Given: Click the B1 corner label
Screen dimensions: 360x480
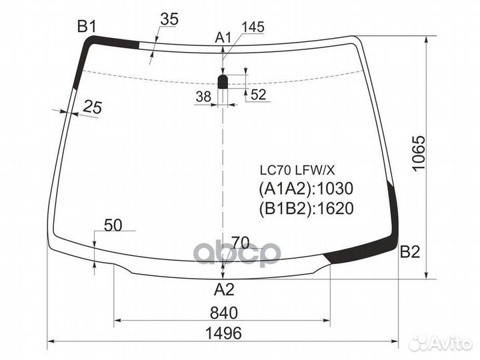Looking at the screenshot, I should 87,27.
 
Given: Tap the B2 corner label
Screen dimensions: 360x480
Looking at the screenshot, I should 409,252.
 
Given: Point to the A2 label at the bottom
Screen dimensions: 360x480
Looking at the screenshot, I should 224,289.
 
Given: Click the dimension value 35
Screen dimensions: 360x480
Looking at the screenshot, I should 169,20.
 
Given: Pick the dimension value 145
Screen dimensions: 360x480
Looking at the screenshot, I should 253,27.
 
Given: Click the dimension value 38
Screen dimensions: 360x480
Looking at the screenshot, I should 203,97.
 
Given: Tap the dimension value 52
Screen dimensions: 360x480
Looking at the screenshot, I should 259,95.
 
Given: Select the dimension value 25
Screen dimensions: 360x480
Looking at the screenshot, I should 93,106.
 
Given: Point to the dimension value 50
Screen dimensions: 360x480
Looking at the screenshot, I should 113,225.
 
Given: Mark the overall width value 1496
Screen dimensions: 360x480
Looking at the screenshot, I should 223,333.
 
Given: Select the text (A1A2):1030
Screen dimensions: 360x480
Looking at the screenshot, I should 305,189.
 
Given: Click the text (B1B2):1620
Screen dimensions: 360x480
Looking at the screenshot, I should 305,209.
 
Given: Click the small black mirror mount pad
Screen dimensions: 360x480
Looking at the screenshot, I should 224,81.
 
